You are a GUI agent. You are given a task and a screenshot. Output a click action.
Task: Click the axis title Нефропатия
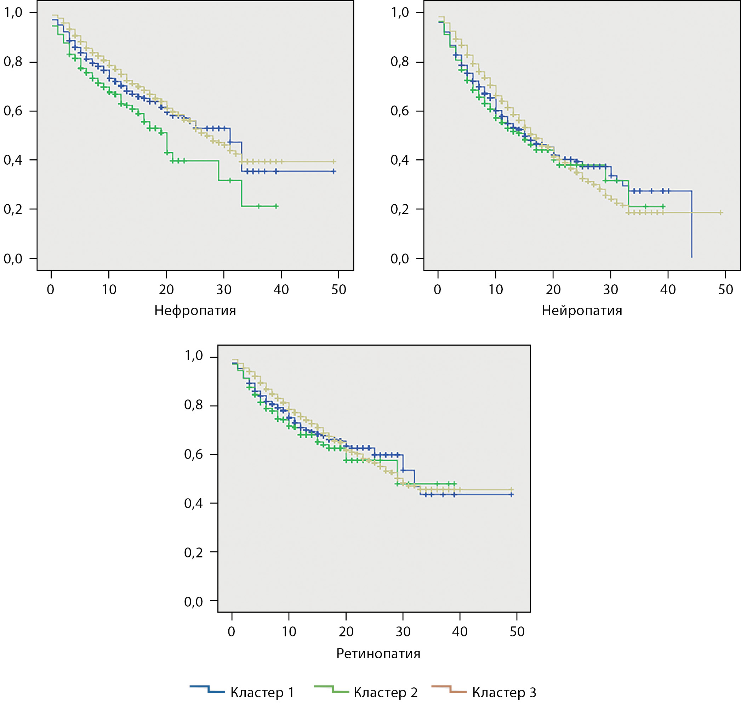[195, 311]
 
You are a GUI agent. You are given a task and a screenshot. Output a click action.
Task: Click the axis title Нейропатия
[582, 311]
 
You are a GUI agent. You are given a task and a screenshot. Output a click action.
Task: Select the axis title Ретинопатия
[378, 653]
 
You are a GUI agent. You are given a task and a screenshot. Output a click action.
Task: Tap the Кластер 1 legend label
[262, 692]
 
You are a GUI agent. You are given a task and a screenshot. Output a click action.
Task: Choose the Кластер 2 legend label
[385, 692]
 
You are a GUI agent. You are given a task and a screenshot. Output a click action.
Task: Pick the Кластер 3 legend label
[504, 692]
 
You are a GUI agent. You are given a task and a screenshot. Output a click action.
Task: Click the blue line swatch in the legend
[207, 689]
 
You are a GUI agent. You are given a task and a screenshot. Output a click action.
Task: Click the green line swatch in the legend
[331, 689]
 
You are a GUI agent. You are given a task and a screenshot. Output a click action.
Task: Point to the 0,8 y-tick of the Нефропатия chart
[13, 62]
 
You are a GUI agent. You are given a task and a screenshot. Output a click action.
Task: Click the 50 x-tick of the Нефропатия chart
[338, 289]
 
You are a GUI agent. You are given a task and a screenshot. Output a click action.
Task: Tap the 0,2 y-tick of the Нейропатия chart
[400, 209]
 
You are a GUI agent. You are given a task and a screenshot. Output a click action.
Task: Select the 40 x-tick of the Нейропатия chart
[668, 289]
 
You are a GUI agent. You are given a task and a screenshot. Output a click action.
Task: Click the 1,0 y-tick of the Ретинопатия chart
[194, 356]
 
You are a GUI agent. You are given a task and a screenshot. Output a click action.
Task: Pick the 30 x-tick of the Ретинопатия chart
[403, 631]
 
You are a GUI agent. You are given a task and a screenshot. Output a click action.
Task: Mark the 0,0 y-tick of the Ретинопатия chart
[194, 602]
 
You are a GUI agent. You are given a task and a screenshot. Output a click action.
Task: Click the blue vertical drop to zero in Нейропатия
[691, 225]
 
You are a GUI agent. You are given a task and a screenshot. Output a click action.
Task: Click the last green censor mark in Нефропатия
[277, 206]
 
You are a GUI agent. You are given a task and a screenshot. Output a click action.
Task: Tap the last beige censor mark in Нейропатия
[720, 213]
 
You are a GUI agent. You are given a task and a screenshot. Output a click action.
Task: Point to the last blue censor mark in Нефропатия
[334, 171]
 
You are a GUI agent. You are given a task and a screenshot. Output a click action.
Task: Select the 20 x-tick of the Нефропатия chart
[166, 289]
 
